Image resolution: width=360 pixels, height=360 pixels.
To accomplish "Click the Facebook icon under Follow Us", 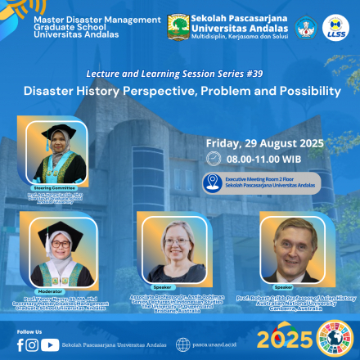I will coord(20,344).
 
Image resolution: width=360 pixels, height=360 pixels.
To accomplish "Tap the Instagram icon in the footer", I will coord(33,344).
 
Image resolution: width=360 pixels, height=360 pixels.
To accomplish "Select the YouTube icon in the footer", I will coord(49,344).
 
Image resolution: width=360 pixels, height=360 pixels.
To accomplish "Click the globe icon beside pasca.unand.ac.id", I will coord(182,344).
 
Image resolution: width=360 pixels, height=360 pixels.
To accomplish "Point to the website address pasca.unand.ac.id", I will coord(216,345).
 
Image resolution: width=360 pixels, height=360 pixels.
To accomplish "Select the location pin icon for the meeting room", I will coord(213,182).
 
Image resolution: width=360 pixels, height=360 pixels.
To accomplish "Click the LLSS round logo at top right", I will coord(336,26).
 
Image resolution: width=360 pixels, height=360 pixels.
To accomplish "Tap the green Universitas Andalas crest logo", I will coord(179,26).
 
